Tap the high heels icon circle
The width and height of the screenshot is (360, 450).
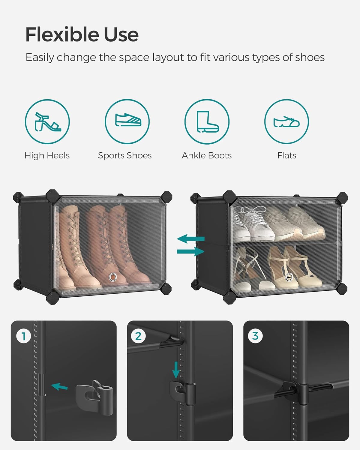[x=47, y=121]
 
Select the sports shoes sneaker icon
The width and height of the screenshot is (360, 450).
[x=127, y=121]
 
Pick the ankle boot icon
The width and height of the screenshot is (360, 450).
[x=207, y=121]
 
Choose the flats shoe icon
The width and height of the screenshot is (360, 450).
[x=286, y=121]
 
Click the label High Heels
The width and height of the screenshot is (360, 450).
[x=47, y=155]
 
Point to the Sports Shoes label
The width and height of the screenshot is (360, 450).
[x=125, y=155]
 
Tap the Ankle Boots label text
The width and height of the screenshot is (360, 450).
[x=207, y=155]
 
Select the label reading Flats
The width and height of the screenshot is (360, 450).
[x=287, y=155]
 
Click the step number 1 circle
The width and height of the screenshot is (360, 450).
[x=23, y=336]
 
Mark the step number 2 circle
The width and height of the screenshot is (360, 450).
[x=138, y=336]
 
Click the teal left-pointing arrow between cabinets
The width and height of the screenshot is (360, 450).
[x=191, y=239]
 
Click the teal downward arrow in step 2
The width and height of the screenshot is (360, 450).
[x=176, y=370]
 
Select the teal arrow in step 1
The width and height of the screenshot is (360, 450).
[x=59, y=387]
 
